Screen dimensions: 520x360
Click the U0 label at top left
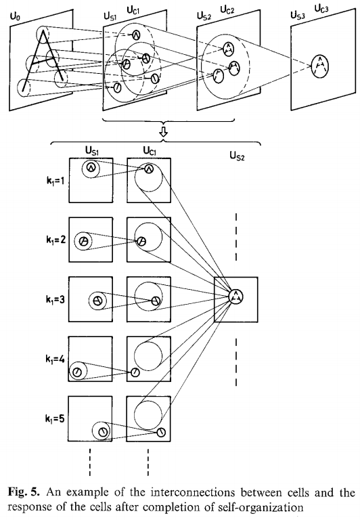[x=14, y=11]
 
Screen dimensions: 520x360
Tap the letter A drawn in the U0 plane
[x=43, y=58]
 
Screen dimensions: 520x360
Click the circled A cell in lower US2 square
[x=235, y=295]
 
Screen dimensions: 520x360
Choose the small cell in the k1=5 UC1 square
[x=161, y=432]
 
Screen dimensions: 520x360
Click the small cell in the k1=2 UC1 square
[x=141, y=242]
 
